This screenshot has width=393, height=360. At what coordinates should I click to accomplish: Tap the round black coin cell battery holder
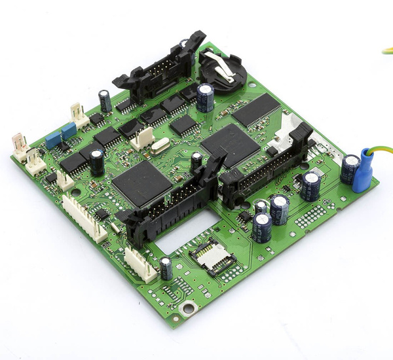[x=221, y=71]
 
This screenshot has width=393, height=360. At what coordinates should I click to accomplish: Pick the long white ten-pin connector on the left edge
[x=84, y=217]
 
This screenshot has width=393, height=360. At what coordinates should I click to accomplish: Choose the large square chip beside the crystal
[x=141, y=182]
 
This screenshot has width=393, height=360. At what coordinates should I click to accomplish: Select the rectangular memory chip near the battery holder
[x=256, y=109]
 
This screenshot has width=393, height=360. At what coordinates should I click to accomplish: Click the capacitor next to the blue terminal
[x=348, y=168]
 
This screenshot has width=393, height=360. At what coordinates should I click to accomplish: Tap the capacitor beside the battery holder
[x=204, y=96]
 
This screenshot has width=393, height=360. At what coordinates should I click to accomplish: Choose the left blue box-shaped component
[x=52, y=139]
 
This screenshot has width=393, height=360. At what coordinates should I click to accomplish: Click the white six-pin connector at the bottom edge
[x=140, y=263]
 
